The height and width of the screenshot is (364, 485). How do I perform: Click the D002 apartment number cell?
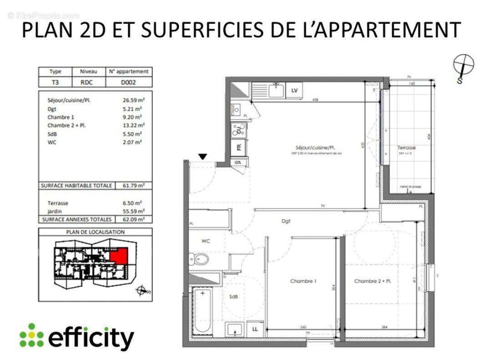pyautogui.click(x=129, y=83)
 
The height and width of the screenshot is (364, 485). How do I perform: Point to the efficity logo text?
pyautogui.click(x=91, y=339)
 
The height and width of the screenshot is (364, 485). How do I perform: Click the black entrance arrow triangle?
pyautogui.click(x=203, y=157)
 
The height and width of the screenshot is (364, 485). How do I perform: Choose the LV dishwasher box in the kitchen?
pyautogui.click(x=294, y=91)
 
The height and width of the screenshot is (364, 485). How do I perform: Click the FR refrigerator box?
pyautogui.click(x=238, y=147)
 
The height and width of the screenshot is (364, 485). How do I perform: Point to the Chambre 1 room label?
pyautogui.click(x=303, y=281)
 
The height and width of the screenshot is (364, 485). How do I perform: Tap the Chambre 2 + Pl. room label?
pyautogui.click(x=373, y=281)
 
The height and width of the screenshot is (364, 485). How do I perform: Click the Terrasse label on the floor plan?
pyautogui.click(x=406, y=148)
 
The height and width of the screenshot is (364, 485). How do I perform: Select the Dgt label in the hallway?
pyautogui.click(x=286, y=221)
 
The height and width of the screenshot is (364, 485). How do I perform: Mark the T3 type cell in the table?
pyautogui.click(x=55, y=83)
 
